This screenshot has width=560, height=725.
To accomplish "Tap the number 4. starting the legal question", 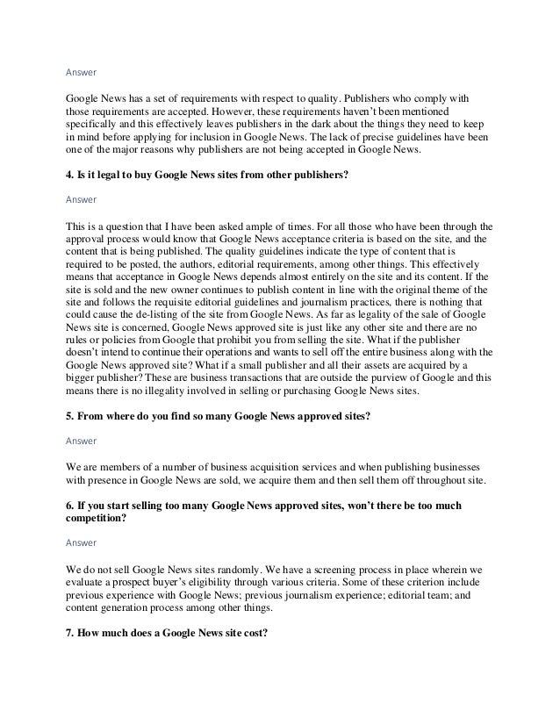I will tap(70, 176).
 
